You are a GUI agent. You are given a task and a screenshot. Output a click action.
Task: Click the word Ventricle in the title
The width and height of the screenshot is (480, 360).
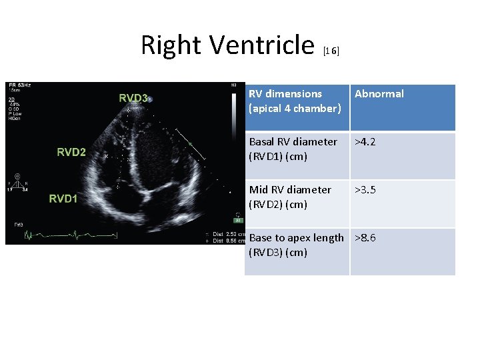[x=261, y=45]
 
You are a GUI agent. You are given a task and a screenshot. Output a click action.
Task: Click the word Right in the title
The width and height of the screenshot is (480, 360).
[x=171, y=45]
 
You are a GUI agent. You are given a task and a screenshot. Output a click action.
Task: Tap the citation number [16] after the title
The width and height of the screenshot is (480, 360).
[x=331, y=51]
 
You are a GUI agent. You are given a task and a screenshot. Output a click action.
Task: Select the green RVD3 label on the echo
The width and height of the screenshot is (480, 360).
[x=133, y=98]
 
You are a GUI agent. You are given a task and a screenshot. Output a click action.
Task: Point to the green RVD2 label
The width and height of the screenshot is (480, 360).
[x=71, y=152]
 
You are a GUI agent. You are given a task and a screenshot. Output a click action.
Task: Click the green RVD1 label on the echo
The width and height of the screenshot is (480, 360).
[x=63, y=198]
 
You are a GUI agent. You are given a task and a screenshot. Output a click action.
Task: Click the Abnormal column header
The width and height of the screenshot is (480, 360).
[x=379, y=94]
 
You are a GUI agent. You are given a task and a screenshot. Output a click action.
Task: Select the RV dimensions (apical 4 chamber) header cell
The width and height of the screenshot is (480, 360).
[x=295, y=101]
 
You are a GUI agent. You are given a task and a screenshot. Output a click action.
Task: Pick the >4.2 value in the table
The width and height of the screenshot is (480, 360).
[x=366, y=141]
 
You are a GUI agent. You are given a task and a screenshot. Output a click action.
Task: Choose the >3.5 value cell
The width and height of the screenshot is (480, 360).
[x=366, y=190]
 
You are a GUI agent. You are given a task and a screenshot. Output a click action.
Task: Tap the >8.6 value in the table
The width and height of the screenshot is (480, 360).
[x=366, y=238]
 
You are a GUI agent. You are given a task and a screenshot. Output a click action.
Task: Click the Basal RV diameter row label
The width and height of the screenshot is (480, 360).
[x=293, y=149]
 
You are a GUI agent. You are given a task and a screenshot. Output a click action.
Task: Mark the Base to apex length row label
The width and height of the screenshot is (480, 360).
[x=296, y=245]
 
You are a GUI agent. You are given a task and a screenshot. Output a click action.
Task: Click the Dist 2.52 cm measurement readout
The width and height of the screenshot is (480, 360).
[x=227, y=234]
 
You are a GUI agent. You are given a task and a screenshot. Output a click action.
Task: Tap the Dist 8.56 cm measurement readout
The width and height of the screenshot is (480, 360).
[x=227, y=240]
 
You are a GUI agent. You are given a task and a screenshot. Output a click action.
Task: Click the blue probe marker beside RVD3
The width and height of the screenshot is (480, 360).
[x=151, y=99]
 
